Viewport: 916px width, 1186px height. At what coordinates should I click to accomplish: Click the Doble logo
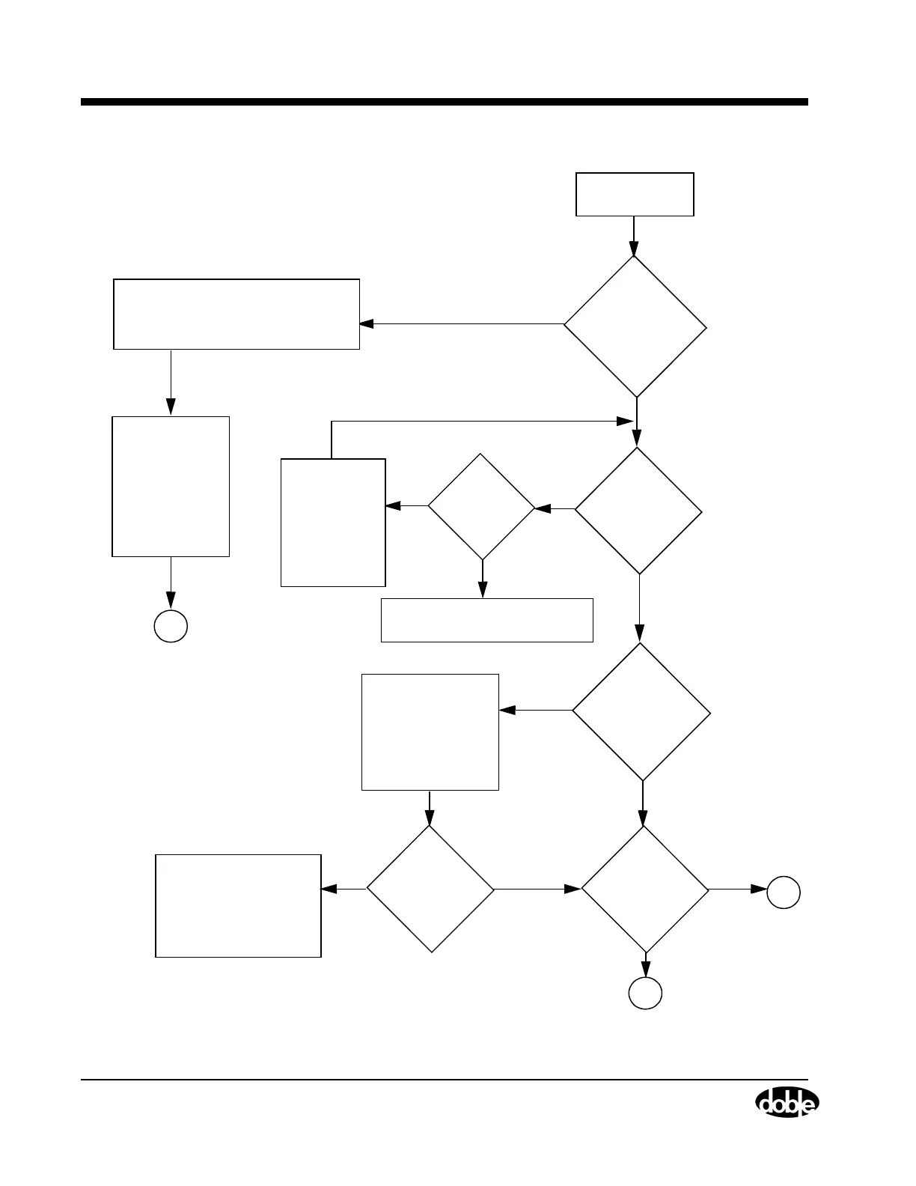[787, 1104]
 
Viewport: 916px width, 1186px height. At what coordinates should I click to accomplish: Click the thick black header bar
[445, 102]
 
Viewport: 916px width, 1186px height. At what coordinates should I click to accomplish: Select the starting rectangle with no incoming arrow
[635, 195]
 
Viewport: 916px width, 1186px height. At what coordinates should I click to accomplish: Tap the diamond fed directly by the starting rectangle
[635, 326]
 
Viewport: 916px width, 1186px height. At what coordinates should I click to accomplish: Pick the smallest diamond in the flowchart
[482, 507]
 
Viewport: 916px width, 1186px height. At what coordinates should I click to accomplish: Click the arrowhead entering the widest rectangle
[366, 324]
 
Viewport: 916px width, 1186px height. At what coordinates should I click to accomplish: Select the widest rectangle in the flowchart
[236, 314]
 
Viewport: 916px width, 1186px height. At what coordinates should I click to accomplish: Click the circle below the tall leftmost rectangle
[171, 626]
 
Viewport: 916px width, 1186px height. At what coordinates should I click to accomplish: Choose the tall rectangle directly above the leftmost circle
[171, 487]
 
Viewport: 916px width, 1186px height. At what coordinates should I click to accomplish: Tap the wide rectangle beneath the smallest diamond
[487, 620]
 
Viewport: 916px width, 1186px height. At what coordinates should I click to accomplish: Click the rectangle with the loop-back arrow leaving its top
[333, 523]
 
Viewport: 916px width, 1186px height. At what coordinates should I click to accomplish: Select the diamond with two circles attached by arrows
[645, 889]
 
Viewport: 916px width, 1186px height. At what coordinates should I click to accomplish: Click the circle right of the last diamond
[784, 892]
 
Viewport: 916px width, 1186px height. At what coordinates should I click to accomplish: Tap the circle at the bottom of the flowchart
[645, 994]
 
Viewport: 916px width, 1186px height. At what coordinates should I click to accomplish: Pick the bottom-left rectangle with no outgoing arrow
[238, 906]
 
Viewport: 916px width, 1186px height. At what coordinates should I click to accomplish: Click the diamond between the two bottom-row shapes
[430, 889]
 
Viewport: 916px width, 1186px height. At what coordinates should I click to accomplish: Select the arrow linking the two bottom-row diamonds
[537, 889]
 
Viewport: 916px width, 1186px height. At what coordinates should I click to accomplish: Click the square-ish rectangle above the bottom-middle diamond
[430, 732]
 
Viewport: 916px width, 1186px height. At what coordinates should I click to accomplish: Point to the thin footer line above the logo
[445, 1080]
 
